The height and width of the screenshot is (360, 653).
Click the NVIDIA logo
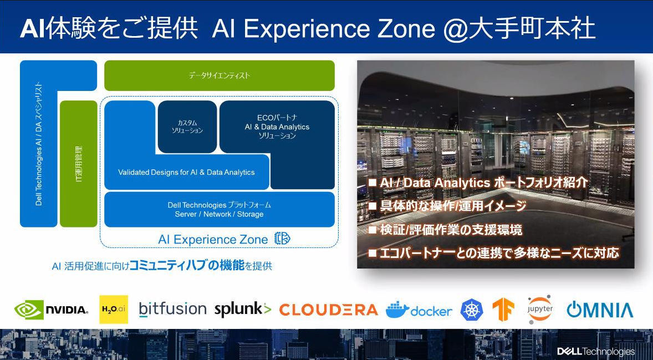51,310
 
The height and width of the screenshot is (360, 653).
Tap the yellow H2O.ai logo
114,310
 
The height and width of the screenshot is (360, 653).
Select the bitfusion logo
173,309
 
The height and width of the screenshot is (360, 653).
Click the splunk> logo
243,309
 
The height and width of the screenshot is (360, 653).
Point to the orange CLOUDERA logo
329,310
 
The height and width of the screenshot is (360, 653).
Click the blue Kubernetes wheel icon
472,310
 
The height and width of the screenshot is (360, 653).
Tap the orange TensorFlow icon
503,310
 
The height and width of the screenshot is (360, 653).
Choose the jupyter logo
540,310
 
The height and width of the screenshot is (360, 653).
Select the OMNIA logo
600,310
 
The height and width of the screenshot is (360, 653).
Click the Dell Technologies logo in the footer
596,351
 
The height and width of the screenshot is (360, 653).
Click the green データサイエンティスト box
220,75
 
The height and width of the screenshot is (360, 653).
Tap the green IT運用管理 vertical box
79,164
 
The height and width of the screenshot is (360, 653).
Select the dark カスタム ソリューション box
187,126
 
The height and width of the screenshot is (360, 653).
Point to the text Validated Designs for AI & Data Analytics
186,172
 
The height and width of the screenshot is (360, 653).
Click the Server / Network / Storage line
219,214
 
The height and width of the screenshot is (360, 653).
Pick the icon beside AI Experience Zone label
282,239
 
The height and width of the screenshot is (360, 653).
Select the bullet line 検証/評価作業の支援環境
445,230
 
